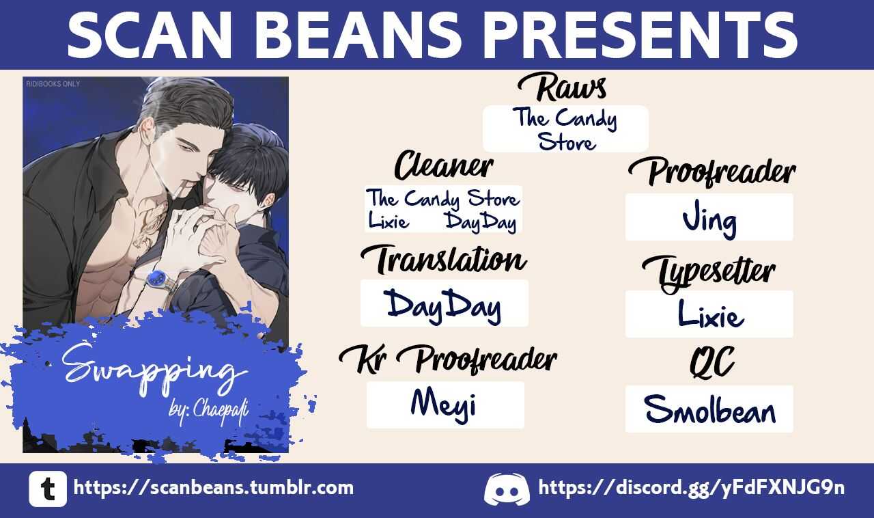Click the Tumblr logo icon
click(48, 489)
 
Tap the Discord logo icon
click(507, 489)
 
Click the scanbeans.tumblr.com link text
click(214, 488)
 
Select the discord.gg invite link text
click(692, 488)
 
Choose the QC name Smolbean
click(709, 409)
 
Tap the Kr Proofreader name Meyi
click(444, 404)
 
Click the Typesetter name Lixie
click(710, 314)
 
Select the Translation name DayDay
click(444, 305)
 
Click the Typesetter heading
click(709, 273)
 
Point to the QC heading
click(711, 362)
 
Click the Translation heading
click(444, 260)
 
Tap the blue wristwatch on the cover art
click(158, 279)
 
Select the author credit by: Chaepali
click(209, 410)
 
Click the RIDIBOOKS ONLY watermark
click(53, 83)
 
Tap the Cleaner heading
click(444, 165)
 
